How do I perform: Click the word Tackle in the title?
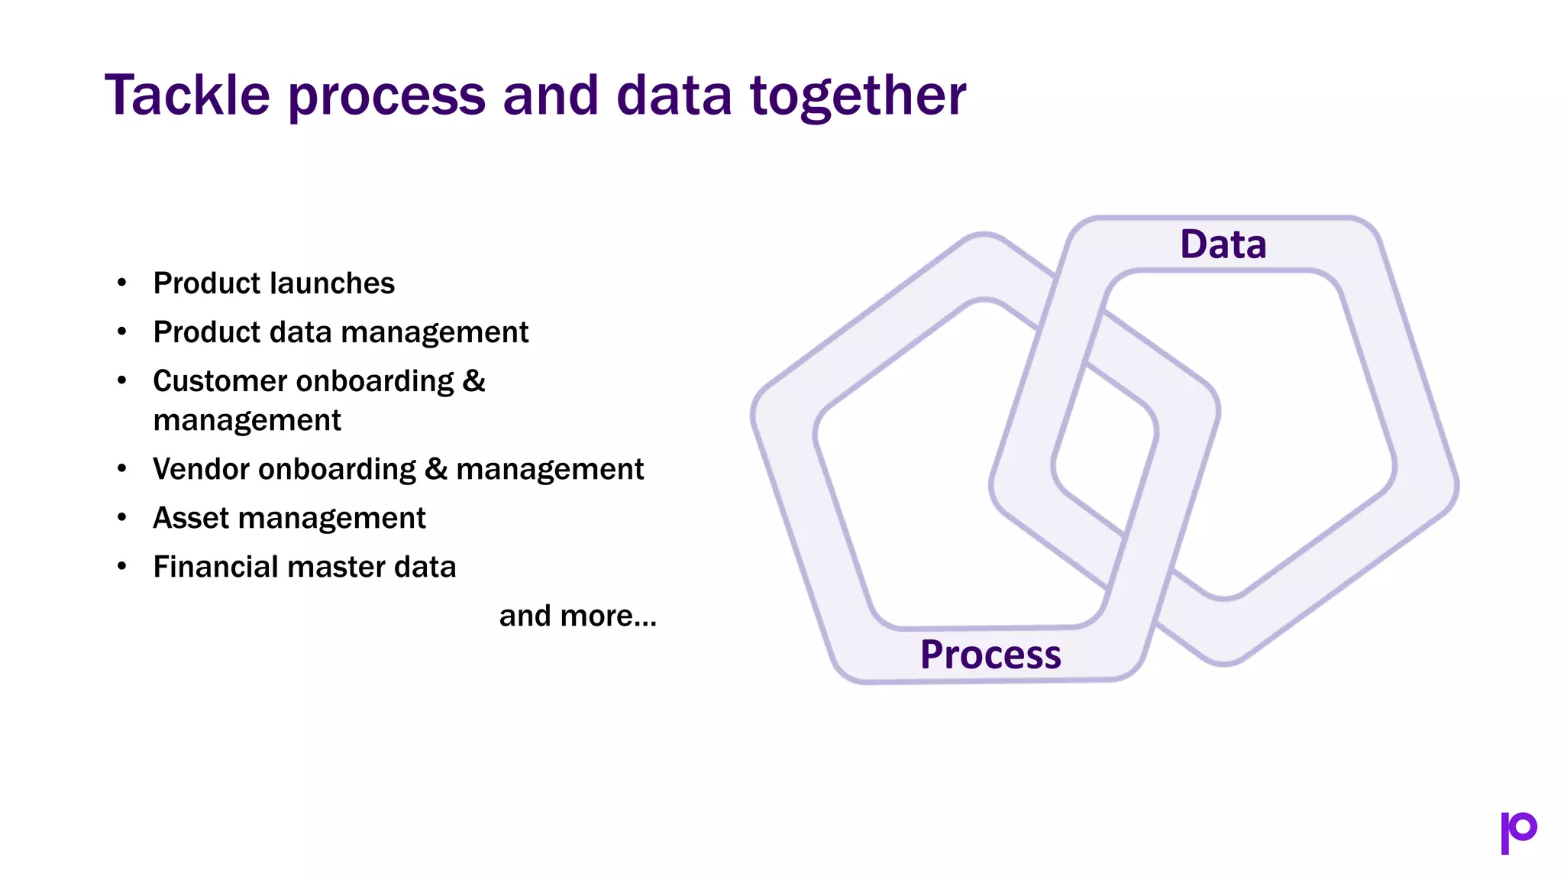(187, 95)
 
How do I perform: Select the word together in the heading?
(858, 95)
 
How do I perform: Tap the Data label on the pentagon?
(1223, 244)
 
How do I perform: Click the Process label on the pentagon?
(990, 655)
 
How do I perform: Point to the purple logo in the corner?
(1518, 832)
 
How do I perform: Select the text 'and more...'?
(577, 616)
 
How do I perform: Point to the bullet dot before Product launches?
(122, 283)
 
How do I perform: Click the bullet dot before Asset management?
(122, 517)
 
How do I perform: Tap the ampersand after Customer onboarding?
(473, 381)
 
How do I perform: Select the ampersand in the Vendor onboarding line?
(435, 469)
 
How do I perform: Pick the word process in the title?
(386, 97)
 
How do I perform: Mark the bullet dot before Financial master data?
(122, 566)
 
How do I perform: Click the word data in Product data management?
(300, 332)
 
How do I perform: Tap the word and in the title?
(551, 95)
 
